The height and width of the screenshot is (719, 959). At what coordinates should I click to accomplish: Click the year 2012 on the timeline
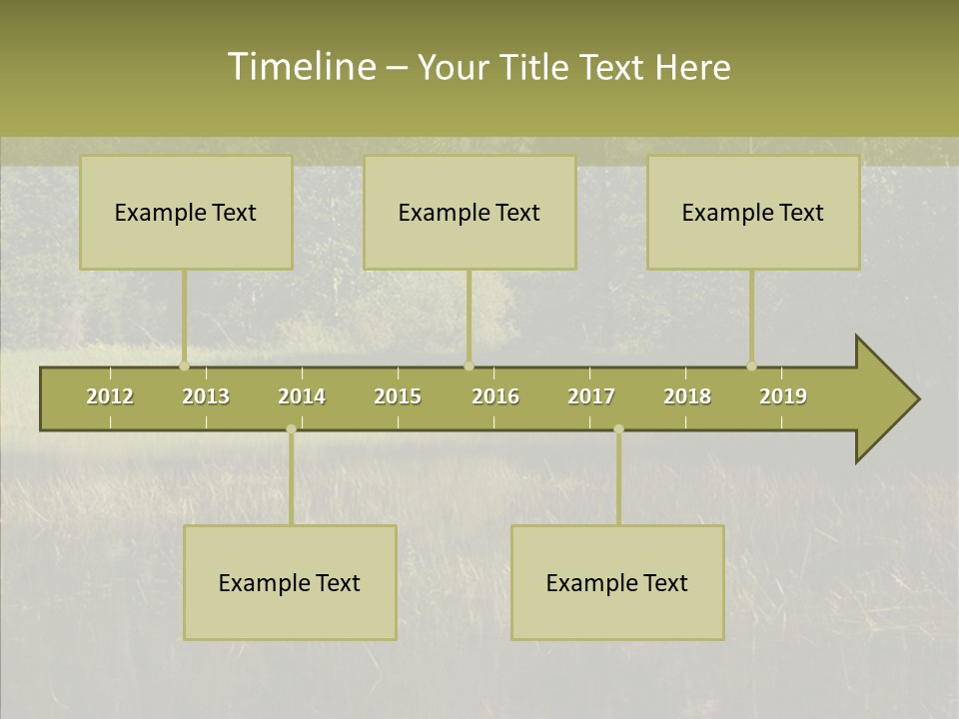click(x=110, y=396)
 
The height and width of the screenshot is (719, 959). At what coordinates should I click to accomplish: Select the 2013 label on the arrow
click(x=206, y=396)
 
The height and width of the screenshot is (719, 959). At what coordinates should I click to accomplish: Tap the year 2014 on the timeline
click(x=302, y=396)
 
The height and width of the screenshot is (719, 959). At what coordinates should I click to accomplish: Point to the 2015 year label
click(x=398, y=396)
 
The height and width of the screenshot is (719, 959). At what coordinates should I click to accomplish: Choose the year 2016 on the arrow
click(x=495, y=396)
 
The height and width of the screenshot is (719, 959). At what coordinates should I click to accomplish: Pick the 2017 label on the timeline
click(x=591, y=396)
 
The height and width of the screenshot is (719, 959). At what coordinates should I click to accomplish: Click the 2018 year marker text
click(x=687, y=396)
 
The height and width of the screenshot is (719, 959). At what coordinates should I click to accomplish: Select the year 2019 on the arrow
click(x=783, y=396)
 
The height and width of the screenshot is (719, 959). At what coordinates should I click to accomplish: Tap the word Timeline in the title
click(x=301, y=67)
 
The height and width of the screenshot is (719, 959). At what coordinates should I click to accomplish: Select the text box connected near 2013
click(x=186, y=212)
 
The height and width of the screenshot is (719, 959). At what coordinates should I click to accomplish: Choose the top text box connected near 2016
click(x=470, y=212)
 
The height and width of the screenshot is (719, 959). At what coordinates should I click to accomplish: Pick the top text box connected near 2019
click(x=753, y=212)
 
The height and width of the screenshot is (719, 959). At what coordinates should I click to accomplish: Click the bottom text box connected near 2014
click(x=290, y=582)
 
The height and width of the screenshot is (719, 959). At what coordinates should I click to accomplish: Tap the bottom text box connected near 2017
click(x=617, y=582)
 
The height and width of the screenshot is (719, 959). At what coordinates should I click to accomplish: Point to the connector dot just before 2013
click(x=184, y=365)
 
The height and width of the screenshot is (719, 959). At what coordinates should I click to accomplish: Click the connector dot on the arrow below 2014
click(x=291, y=429)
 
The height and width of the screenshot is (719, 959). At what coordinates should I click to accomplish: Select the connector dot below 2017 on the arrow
click(x=618, y=429)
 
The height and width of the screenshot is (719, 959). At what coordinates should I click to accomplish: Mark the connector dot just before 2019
click(x=751, y=365)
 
